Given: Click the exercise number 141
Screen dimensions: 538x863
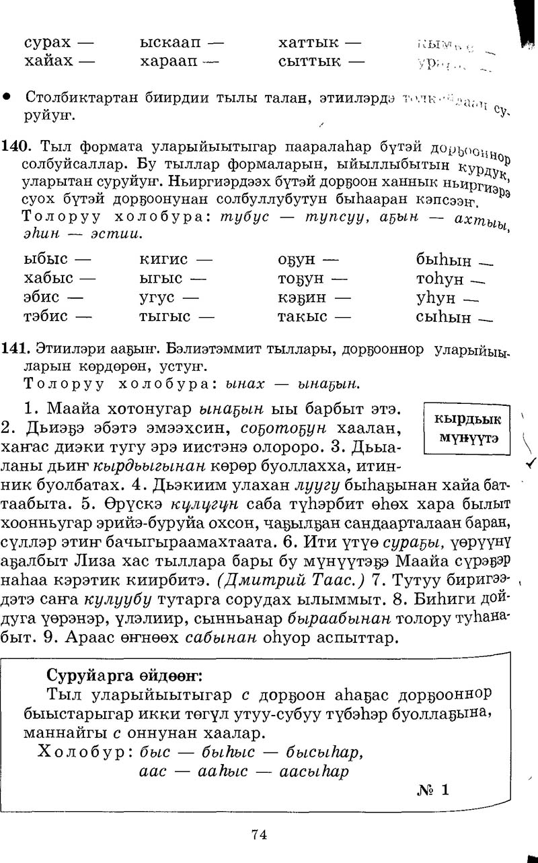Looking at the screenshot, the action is click(13, 349).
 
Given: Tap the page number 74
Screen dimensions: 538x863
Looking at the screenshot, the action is click(260, 834).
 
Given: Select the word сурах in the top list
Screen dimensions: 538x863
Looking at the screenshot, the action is click(47, 42).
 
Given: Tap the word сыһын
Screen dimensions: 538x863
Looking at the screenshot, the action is click(443, 317).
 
